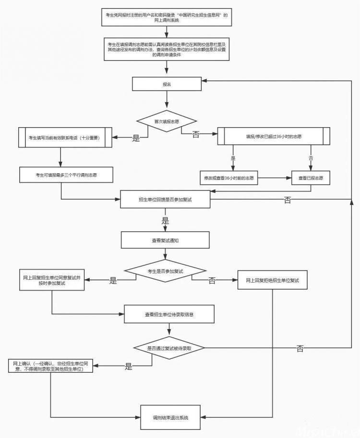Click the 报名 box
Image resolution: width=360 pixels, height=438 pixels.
[x=167, y=84]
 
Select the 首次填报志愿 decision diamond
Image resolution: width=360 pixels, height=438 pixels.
[x=167, y=121]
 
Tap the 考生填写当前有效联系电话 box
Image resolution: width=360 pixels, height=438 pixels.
[x=65, y=137]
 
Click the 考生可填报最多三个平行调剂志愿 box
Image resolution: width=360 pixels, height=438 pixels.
[x=66, y=175]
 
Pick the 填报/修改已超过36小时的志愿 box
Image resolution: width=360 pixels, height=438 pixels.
[x=274, y=136]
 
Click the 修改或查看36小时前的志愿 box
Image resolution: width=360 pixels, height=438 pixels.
[x=229, y=178]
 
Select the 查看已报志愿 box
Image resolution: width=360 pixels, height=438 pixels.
[x=311, y=178]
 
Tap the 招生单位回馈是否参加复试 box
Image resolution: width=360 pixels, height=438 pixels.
[x=165, y=199]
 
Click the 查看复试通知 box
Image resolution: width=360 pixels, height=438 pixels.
[x=165, y=240]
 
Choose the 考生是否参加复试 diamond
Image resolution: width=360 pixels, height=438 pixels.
[x=165, y=271]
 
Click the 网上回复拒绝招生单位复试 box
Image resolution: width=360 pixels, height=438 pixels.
[x=273, y=280]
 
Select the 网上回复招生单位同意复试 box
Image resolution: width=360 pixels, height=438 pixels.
[x=52, y=280]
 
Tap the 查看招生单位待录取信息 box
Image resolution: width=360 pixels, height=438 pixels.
[x=169, y=314]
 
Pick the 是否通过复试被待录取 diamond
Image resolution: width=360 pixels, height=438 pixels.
[x=169, y=348]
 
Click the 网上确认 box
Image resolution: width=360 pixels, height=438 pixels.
[x=50, y=366]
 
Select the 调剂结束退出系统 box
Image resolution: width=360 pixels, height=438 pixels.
[x=170, y=417]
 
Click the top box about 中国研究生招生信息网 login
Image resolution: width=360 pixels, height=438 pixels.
[x=167, y=17]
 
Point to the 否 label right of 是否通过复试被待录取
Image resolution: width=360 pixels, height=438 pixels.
[x=300, y=348]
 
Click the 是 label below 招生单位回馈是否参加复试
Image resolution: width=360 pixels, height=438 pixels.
[x=165, y=221]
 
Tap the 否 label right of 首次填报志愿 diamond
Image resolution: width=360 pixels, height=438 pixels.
[x=196, y=135]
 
